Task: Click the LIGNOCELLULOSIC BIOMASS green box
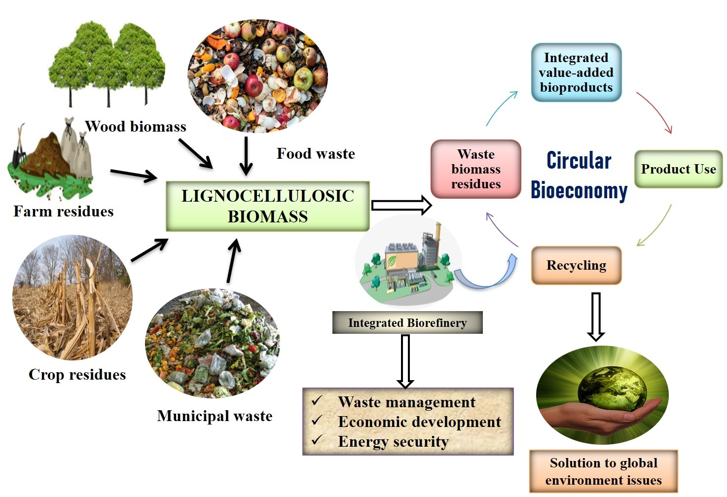click(267, 206)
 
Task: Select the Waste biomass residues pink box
click(475, 169)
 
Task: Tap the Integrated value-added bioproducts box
click(576, 72)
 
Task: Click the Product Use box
click(678, 169)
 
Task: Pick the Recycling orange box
click(576, 265)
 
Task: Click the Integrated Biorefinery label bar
click(407, 323)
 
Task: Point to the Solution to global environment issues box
click(603, 471)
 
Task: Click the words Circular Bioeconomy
click(579, 176)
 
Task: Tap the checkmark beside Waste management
click(317, 400)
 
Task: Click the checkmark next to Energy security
click(317, 439)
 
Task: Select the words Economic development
click(419, 422)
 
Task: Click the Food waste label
click(316, 154)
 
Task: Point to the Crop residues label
click(77, 375)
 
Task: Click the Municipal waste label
click(215, 416)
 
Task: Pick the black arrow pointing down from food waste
click(246, 155)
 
